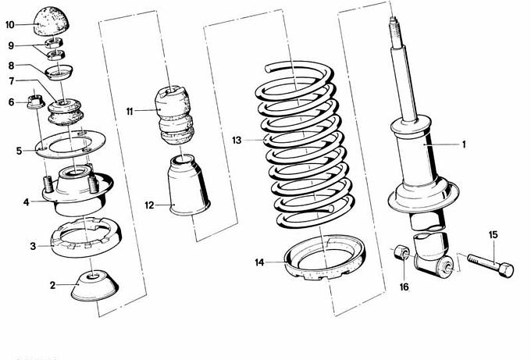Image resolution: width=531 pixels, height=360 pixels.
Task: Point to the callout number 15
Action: [x=493, y=234]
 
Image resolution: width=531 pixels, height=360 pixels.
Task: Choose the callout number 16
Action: [x=404, y=287]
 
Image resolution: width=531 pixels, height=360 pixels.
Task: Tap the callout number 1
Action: [x=463, y=144]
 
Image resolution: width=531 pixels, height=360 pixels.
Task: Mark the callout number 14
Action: [x=259, y=262]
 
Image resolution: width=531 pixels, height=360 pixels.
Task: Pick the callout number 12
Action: [x=150, y=205]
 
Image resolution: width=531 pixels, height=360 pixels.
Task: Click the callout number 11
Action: [x=130, y=112]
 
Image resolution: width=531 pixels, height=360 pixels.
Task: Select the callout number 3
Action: [x=33, y=246]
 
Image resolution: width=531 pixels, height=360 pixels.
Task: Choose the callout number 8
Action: [x=11, y=66]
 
